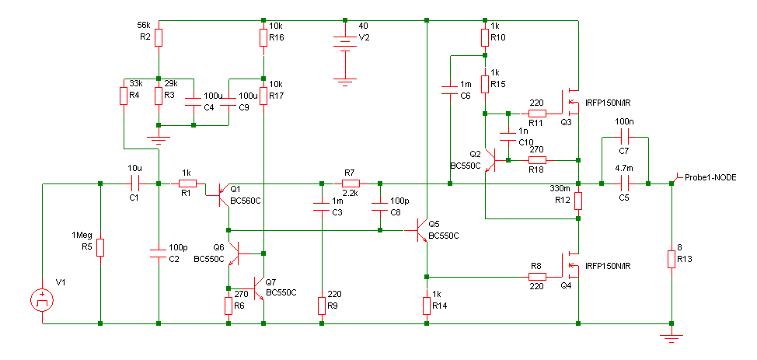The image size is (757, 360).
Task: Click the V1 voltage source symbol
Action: click(x=43, y=301)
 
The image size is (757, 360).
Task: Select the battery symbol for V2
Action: click(x=345, y=43)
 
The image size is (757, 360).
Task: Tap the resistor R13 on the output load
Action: click(x=672, y=259)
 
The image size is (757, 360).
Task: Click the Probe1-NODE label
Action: click(x=710, y=177)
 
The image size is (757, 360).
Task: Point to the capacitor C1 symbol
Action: click(x=134, y=183)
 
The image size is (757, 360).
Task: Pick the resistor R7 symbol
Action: click(x=351, y=183)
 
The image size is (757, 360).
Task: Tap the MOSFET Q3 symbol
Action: click(x=570, y=103)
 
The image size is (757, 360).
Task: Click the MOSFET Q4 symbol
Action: click(x=570, y=265)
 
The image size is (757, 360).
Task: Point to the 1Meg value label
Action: click(x=81, y=235)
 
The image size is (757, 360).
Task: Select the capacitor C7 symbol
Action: click(x=625, y=137)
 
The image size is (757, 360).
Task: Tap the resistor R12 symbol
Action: click(x=578, y=201)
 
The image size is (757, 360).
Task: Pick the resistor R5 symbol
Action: click(x=100, y=247)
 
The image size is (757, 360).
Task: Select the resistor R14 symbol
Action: click(x=427, y=306)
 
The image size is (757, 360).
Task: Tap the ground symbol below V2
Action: click(x=345, y=81)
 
